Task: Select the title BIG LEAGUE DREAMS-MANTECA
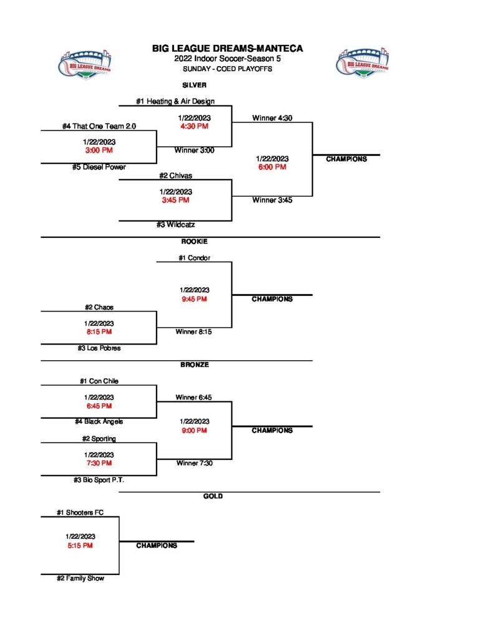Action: tap(227, 49)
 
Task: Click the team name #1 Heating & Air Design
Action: tap(175, 101)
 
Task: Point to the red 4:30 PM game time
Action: tap(194, 126)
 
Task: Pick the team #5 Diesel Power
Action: tap(98, 167)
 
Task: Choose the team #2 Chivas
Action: tap(175, 176)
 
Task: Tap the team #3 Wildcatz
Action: tap(176, 225)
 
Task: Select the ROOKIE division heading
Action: tap(194, 241)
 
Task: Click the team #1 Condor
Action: tap(194, 258)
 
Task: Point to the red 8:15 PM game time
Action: tap(99, 332)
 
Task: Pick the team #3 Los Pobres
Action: tap(99, 348)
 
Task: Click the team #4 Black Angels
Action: tap(98, 422)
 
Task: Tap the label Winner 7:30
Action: tap(194, 463)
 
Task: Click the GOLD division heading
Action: tap(213, 496)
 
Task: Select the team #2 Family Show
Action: tap(80, 578)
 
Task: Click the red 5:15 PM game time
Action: tap(80, 545)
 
